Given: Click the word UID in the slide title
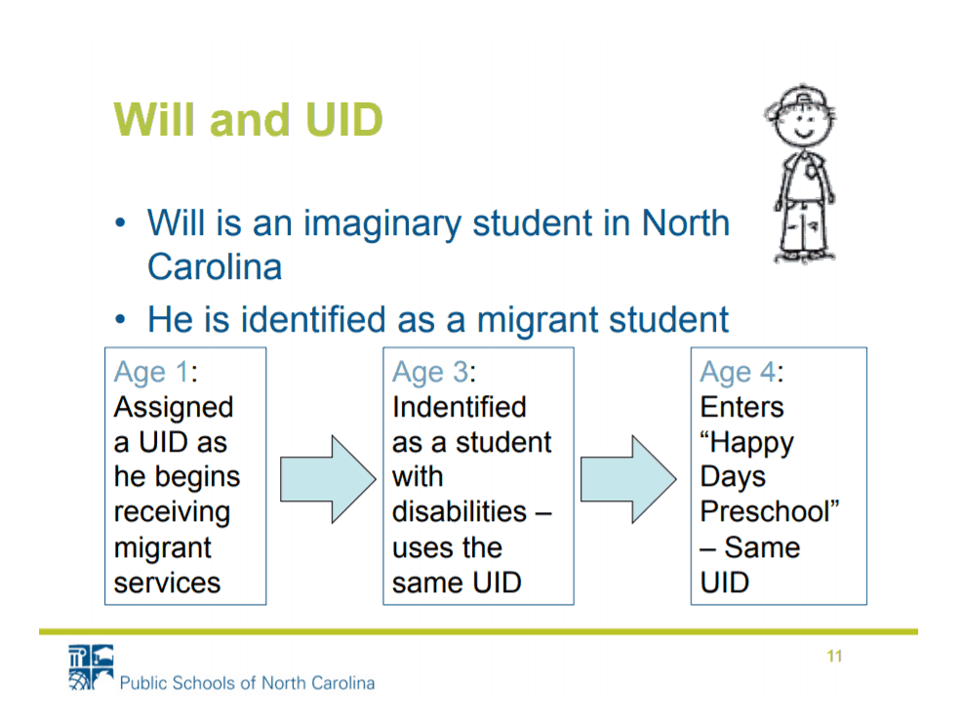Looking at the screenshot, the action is [343, 119].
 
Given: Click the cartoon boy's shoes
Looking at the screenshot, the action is [804, 256].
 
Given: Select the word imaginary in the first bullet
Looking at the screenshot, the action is [382, 224].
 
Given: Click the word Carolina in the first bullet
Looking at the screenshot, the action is [215, 267].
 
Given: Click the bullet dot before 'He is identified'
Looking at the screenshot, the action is [121, 319].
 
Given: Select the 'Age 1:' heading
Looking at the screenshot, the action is [155, 372].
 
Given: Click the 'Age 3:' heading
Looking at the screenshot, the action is [434, 372].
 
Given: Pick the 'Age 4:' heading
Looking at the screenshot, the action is [741, 372].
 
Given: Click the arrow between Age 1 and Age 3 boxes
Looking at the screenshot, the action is [328, 479].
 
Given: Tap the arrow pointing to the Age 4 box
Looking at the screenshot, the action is [628, 479].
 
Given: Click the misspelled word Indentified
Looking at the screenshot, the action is [460, 407].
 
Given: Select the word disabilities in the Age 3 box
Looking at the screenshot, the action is [460, 512].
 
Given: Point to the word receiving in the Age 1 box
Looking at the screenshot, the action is [172, 513].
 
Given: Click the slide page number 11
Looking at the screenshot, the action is [834, 657].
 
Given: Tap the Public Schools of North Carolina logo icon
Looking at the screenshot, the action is [92, 667].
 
